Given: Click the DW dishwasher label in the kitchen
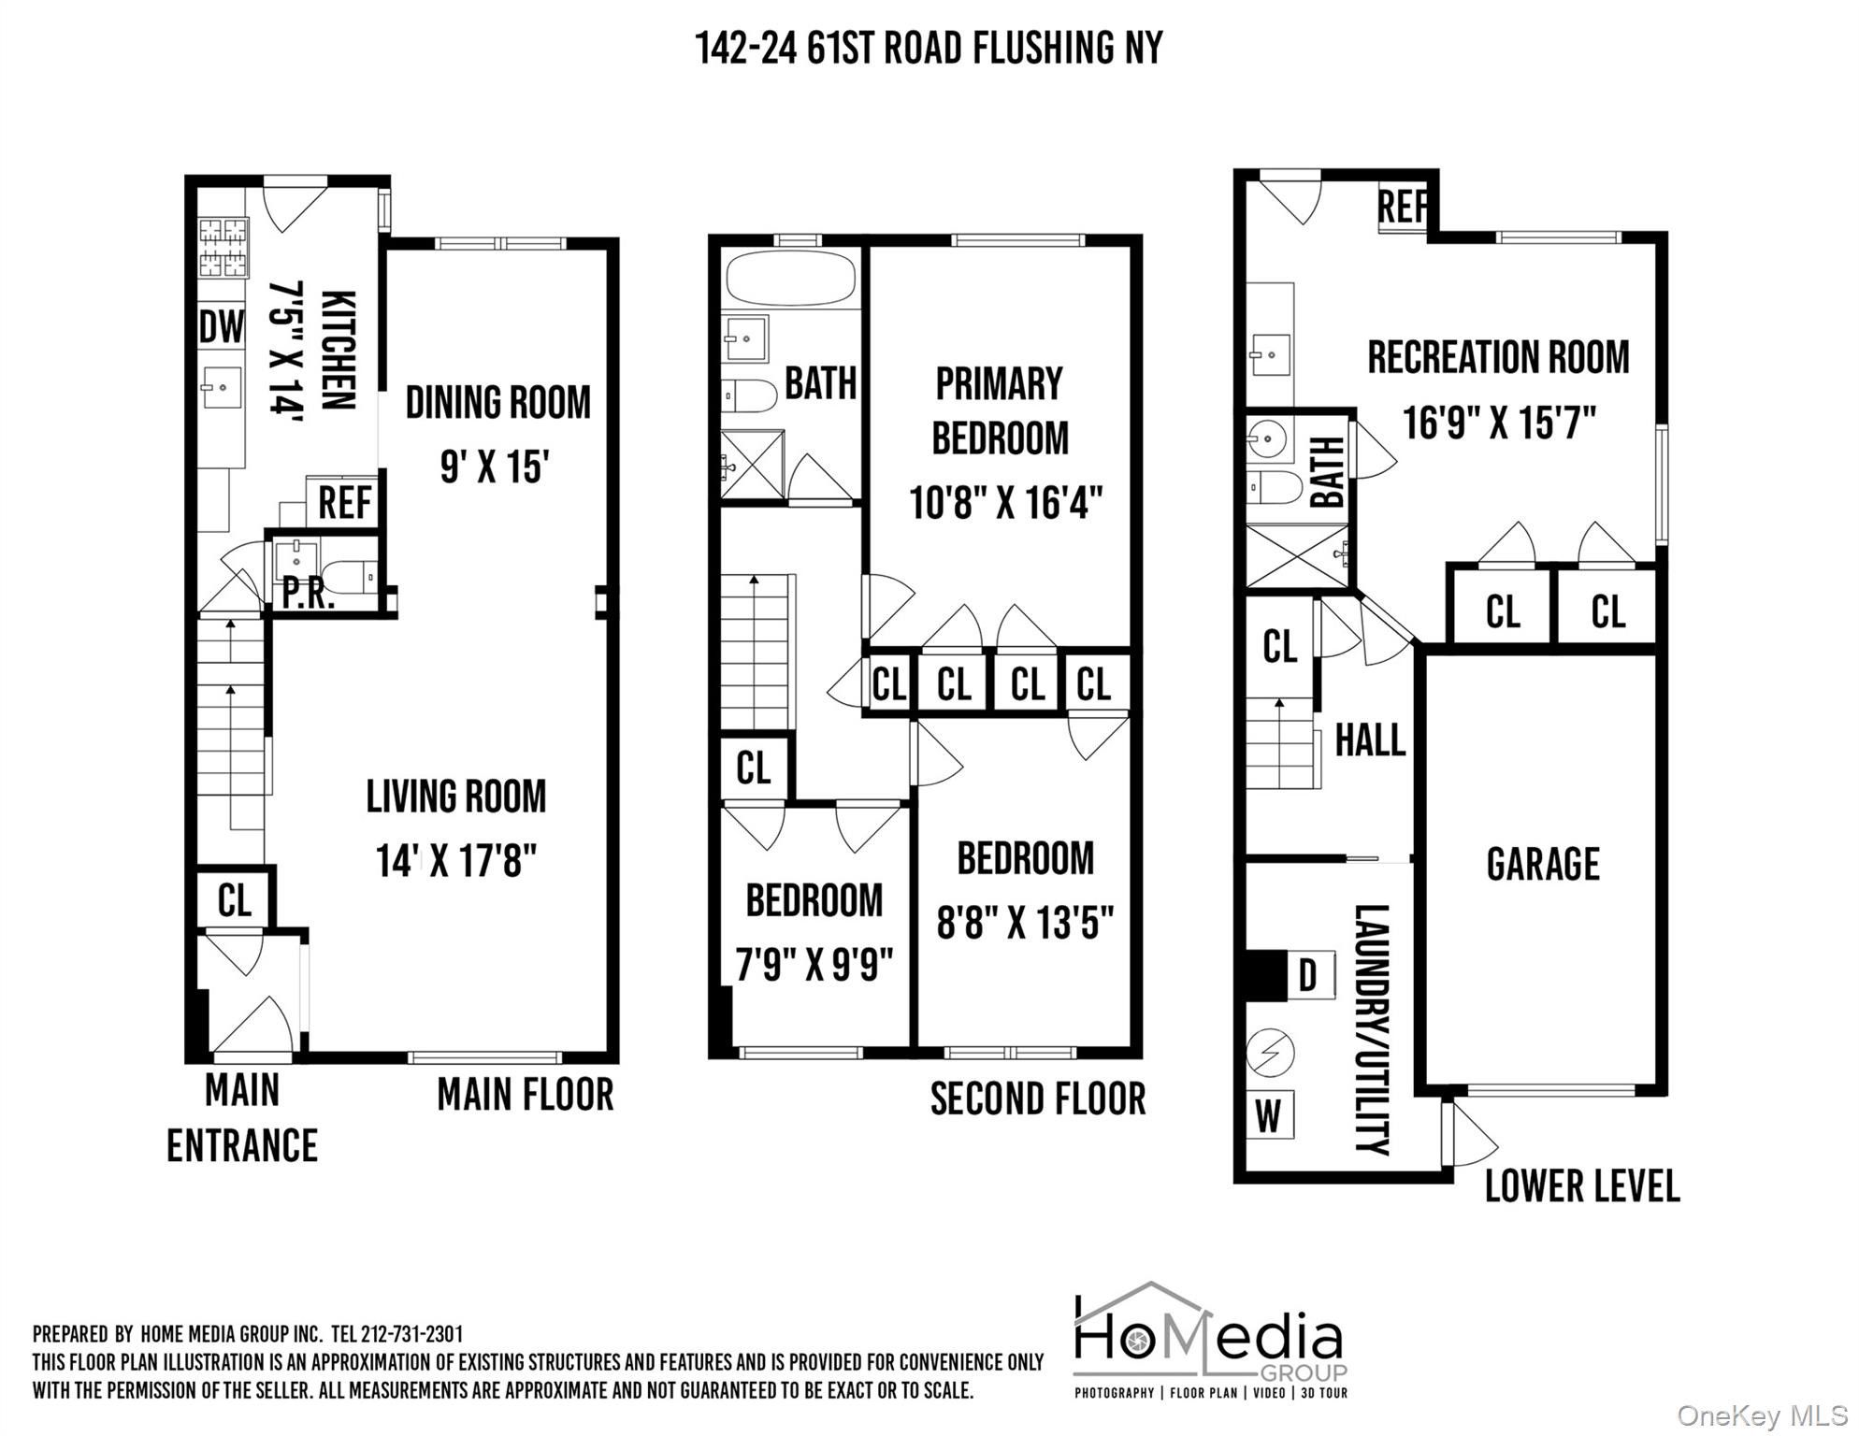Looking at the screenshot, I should [x=222, y=327].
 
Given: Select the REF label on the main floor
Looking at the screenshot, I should [x=344, y=503].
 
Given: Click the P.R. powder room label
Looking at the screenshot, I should [x=309, y=595].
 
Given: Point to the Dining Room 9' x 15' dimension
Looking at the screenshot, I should [x=494, y=466].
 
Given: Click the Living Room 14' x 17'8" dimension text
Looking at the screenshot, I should [x=456, y=861].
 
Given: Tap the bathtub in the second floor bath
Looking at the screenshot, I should [x=791, y=278].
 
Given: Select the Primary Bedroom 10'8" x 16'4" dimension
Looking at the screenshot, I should [x=1005, y=503].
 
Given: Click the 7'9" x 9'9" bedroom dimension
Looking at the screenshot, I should [x=814, y=965].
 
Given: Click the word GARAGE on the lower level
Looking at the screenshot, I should [x=1542, y=864].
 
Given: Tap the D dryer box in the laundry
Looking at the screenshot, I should [x=1307, y=976].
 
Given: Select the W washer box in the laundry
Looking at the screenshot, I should [x=1268, y=1114].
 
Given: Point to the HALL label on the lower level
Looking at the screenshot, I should [x=1369, y=740].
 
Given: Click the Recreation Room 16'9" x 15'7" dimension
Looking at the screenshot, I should [x=1498, y=423].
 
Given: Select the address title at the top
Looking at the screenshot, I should [x=929, y=48].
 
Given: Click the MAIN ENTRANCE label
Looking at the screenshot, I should [x=242, y=1118].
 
